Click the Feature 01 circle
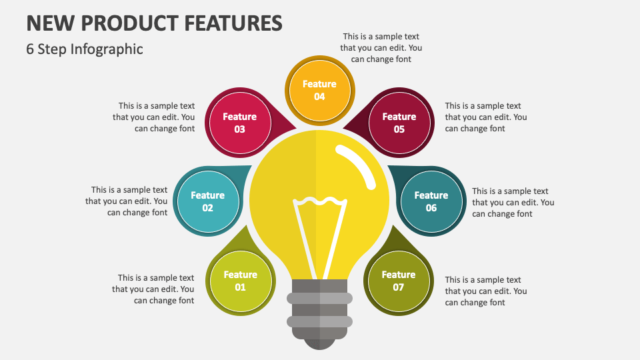pyautogui.click(x=240, y=281)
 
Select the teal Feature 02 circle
pyautogui.click(x=207, y=201)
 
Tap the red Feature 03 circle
pyautogui.click(x=239, y=123)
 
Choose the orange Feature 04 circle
pyautogui.click(x=319, y=90)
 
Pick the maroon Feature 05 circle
pyautogui.click(x=399, y=123)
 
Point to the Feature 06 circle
pyautogui.click(x=431, y=201)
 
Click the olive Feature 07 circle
pyautogui.click(x=398, y=281)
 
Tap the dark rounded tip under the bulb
pyautogui.click(x=319, y=343)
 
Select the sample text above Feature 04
pyautogui.click(x=381, y=48)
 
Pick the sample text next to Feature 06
pyautogui.click(x=513, y=202)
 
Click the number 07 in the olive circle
pyautogui.click(x=399, y=287)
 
